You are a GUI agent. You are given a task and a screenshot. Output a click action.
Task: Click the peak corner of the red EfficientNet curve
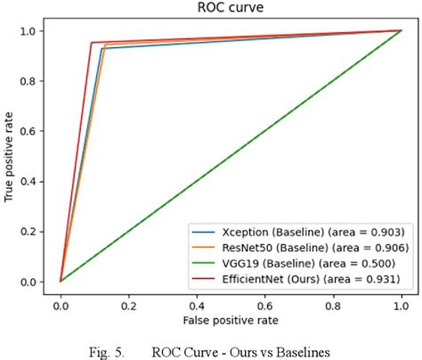tap(91, 42)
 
